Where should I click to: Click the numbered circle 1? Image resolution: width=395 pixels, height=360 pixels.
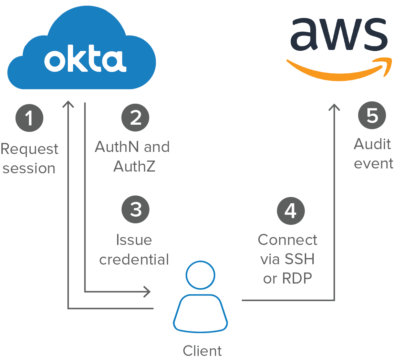29,118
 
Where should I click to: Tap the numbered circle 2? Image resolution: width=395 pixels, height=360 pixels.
135,118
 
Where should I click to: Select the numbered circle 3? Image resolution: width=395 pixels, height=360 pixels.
135,210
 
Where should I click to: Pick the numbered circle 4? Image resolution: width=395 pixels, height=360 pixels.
291,210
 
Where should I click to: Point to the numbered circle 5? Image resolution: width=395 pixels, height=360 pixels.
372,116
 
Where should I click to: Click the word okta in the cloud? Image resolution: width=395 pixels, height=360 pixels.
85,61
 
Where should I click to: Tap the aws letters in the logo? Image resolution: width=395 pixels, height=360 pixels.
339,34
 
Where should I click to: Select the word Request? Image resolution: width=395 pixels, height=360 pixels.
30,149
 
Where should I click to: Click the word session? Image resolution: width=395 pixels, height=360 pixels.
29,168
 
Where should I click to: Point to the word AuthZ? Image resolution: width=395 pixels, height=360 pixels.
134,166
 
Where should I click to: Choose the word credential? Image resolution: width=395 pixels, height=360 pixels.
134,259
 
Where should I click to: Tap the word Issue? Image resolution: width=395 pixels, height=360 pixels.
134,240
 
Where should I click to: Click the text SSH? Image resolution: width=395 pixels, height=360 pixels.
300,259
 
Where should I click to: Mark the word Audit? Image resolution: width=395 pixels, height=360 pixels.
372,144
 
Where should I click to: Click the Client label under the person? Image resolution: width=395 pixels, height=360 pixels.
202,351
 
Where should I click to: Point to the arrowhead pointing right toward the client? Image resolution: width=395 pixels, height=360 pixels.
147,291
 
